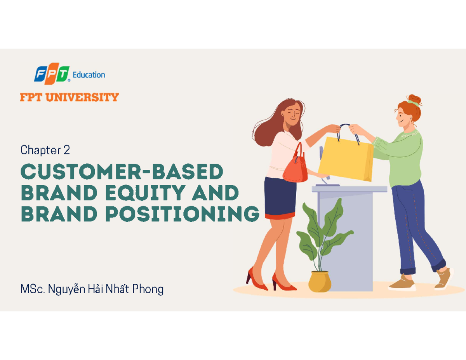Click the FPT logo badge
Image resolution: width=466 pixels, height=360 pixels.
point(52,75)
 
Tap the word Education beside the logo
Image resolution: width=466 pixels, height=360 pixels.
point(89,75)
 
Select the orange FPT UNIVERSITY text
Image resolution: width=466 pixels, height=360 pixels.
point(69,97)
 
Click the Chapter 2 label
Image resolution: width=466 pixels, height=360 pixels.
point(45,150)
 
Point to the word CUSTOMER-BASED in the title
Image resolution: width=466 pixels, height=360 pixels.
point(122,172)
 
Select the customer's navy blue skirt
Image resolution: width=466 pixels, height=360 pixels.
point(280,197)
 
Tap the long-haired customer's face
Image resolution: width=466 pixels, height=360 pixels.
point(292,113)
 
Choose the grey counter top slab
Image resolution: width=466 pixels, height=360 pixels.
point(349,189)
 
